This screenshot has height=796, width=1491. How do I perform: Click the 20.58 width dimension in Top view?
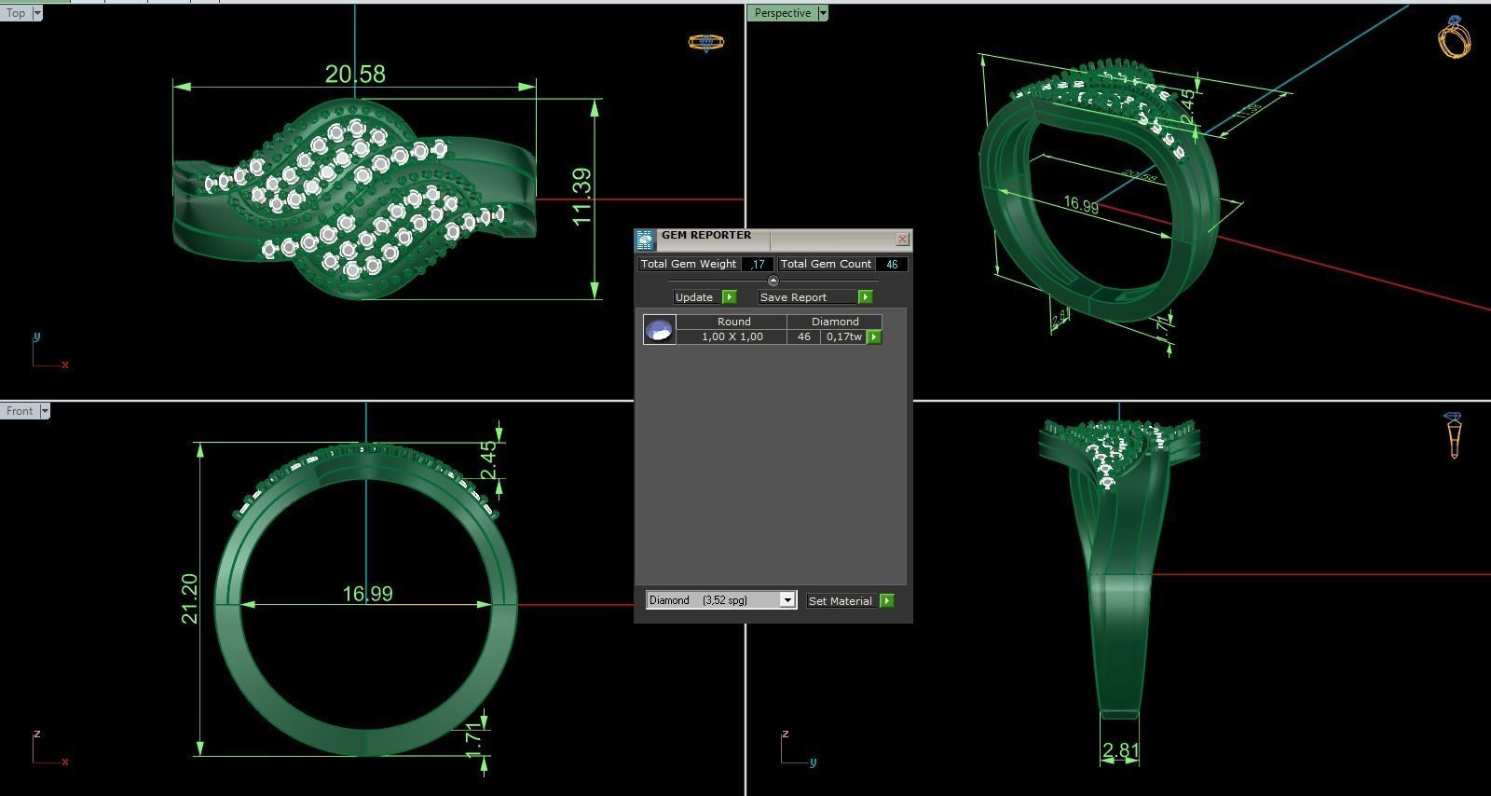[355, 74]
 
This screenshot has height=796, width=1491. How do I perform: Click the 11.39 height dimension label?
[581, 197]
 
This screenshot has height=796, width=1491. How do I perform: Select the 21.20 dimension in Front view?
[189, 598]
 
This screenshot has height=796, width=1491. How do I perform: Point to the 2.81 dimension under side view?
[1120, 750]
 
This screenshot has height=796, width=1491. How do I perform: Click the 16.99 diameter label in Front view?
[367, 594]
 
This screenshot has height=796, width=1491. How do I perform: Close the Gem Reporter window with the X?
[901, 240]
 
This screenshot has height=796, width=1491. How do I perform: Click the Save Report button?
[814, 296]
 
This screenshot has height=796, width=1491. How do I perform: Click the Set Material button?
[850, 601]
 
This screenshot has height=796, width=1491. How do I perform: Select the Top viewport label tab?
[17, 13]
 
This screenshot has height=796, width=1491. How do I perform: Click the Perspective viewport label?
[783, 13]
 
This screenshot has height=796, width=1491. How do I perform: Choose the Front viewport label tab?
[20, 411]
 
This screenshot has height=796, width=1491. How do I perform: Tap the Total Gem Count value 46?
[892, 265]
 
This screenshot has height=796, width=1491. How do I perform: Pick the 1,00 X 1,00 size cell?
[732, 336]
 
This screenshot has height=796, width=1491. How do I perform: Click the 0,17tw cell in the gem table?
[843, 336]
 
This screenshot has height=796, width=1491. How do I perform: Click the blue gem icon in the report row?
[659, 329]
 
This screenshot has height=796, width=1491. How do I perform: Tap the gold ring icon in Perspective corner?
[1456, 37]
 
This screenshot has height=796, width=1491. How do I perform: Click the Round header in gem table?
[733, 322]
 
